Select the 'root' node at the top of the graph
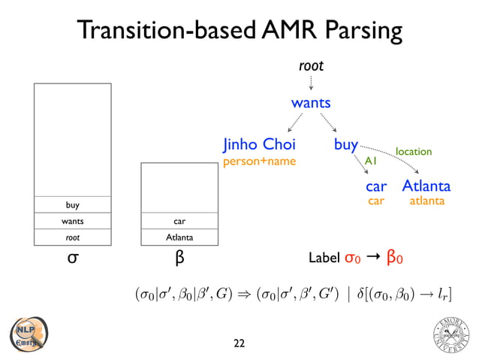(311, 66)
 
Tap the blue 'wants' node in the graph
(311, 102)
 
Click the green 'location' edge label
(414, 152)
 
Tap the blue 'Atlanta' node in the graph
(426, 186)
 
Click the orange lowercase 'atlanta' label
(426, 201)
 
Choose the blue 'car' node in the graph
(376, 186)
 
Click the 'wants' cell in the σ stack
(72, 222)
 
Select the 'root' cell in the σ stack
(72, 237)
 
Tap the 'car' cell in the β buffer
(179, 222)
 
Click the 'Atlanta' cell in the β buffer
(179, 237)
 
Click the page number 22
(239, 343)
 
